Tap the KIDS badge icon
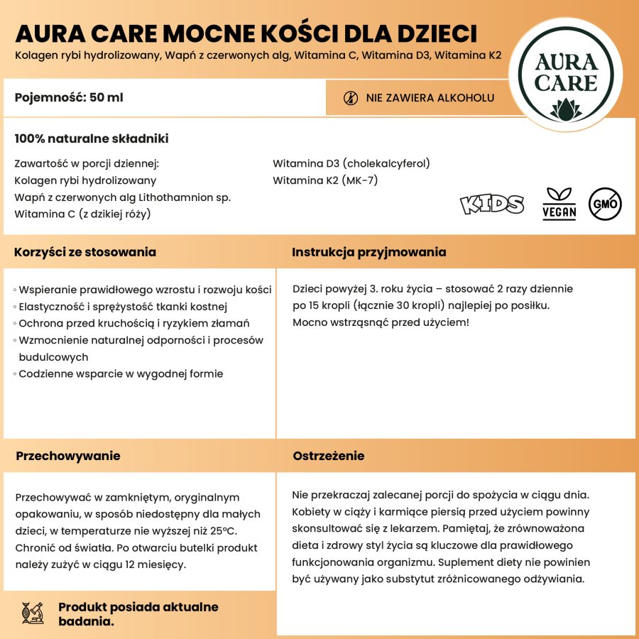coord(492,204)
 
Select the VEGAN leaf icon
coord(559,203)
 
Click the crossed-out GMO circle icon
coord(604,204)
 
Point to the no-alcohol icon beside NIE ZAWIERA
coord(350,98)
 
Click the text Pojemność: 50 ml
coord(69,97)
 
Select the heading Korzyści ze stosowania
coord(85,252)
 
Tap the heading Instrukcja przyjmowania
coord(369,252)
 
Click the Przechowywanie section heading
coord(68,456)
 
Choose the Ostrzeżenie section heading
coord(329,456)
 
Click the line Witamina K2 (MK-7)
coord(325,180)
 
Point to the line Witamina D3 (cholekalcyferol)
coord(351,163)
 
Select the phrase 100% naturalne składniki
coord(92,138)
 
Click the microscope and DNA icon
coord(33,613)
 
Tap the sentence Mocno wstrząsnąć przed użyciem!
coord(381,323)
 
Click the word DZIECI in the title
coord(432,34)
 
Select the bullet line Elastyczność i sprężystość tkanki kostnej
coord(122,307)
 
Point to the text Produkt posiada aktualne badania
coord(138,614)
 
